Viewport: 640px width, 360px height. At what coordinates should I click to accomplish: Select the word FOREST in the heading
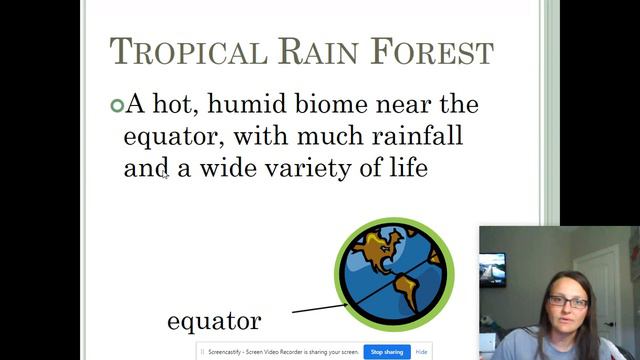tap(434, 51)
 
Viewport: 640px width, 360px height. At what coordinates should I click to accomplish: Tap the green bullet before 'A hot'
tap(116, 104)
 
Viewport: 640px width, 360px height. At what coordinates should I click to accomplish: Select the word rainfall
tap(411, 135)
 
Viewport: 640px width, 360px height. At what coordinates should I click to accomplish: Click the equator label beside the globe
tap(213, 321)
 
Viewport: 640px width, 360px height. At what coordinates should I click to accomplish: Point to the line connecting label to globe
tap(318, 308)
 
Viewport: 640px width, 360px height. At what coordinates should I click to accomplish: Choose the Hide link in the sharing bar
tap(422, 352)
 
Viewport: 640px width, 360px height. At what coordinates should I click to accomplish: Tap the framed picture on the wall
tap(492, 269)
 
